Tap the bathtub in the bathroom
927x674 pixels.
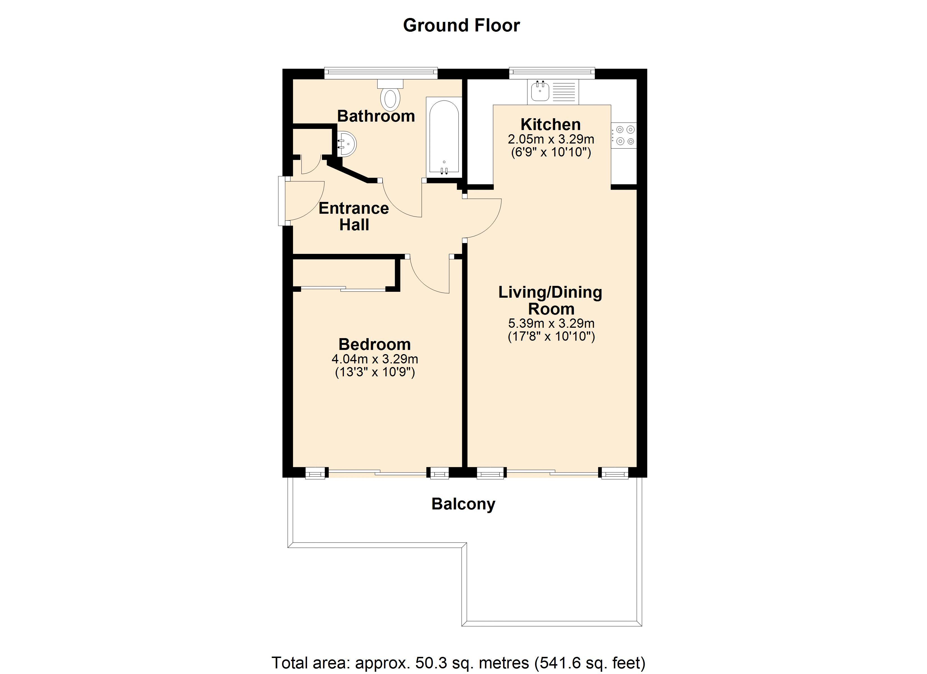pos(444,137)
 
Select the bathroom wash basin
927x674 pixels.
pos(347,144)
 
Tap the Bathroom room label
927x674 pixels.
pos(376,116)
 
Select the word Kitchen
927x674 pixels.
pos(551,124)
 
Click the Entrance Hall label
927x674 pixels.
pos(354,217)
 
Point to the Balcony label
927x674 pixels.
pos(463,504)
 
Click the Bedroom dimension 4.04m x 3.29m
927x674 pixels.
pos(375,359)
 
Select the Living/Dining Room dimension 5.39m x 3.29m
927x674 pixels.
pos(551,323)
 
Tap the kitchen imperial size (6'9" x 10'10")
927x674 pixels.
pos(551,152)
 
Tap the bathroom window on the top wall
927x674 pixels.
pos(381,73)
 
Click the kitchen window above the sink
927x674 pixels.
pos(552,73)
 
